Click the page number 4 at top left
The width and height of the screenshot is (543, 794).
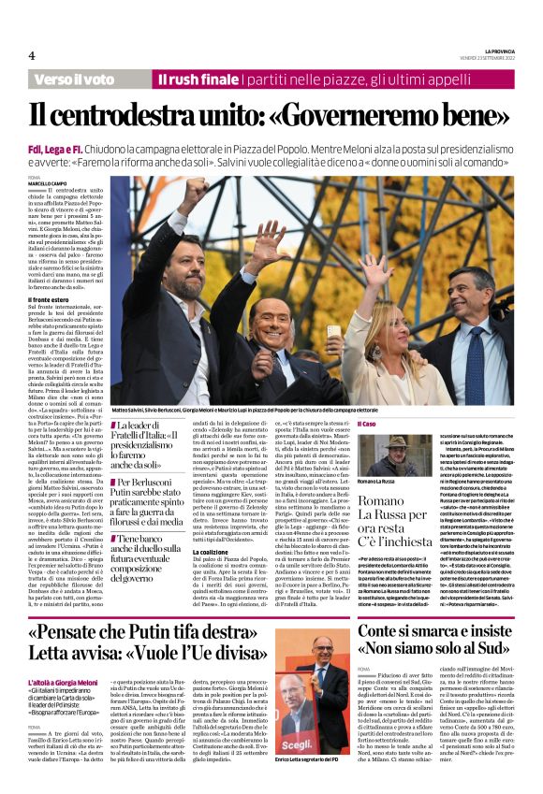coord(31,56)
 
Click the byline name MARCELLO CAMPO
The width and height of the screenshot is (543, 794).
coord(47,182)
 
